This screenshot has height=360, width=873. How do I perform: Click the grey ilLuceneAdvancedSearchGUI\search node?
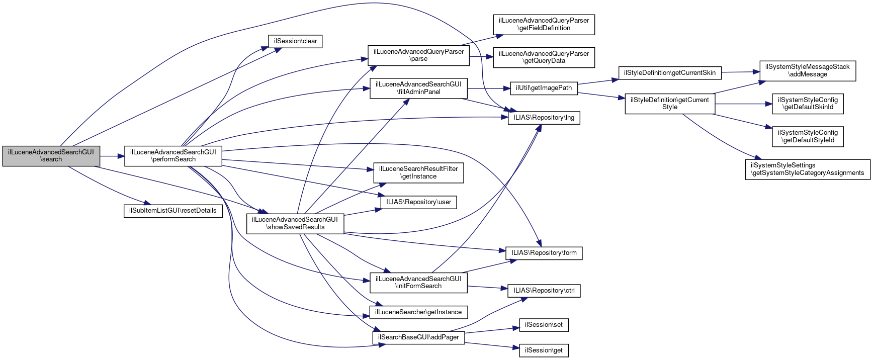pyautogui.click(x=51, y=156)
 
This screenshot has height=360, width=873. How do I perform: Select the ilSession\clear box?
pyautogui.click(x=295, y=41)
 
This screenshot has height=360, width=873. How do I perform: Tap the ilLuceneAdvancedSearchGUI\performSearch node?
pyautogui.click(x=173, y=156)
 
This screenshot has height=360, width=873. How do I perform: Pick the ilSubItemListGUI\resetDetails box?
pyautogui.click(x=173, y=211)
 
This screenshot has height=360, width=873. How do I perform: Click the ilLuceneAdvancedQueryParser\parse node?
pyautogui.click(x=418, y=55)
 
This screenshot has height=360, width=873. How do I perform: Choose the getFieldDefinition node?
pyautogui.click(x=544, y=25)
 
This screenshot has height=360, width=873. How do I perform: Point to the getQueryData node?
pyautogui.click(x=544, y=57)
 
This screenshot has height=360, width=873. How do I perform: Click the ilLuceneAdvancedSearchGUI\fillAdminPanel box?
pyautogui.click(x=418, y=88)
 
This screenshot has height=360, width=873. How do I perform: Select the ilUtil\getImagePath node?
pyautogui.click(x=544, y=88)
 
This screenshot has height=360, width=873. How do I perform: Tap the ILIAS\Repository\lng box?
pyautogui.click(x=544, y=118)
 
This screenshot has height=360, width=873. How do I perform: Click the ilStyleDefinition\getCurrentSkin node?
pyautogui.click(x=669, y=73)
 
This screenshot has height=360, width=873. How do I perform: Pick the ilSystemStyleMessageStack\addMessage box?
pyautogui.click(x=807, y=70)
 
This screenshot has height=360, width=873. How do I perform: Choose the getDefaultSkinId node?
pyautogui.click(x=808, y=104)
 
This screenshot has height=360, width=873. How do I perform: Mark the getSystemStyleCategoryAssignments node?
pyautogui.click(x=807, y=169)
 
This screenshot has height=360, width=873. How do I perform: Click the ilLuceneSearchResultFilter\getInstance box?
pyautogui.click(x=418, y=172)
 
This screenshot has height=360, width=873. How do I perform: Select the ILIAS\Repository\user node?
pyautogui.click(x=418, y=202)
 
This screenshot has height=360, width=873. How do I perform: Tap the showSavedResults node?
pyautogui.click(x=295, y=223)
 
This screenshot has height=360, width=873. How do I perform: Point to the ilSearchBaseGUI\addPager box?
pyautogui.click(x=418, y=337)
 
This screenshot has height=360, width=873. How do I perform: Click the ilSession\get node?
pyautogui.click(x=544, y=350)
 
